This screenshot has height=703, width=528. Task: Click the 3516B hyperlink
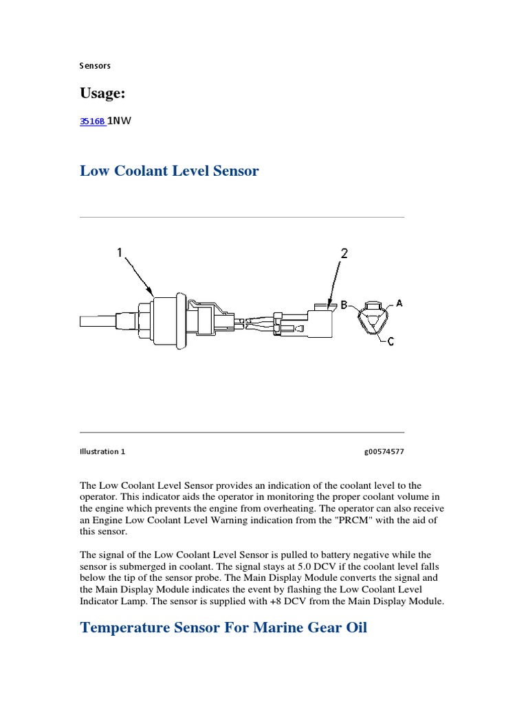92,121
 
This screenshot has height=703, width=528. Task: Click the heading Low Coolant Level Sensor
169,171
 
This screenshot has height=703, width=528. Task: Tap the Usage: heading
103,93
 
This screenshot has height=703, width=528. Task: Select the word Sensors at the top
95,66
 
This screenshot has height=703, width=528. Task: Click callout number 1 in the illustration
120,253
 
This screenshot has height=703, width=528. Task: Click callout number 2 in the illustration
344,253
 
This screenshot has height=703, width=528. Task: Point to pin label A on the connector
399,303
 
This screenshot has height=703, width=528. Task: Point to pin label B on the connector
344,303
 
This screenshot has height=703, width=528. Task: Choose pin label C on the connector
390,341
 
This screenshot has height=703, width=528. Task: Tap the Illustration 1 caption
102,452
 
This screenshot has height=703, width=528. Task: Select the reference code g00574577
384,452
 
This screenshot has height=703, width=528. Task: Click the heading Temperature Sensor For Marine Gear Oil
223,627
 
